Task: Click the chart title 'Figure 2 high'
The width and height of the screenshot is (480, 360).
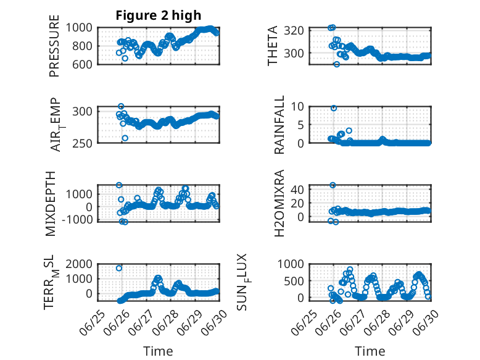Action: (159, 15)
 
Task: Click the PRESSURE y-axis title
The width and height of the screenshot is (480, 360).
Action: (54, 46)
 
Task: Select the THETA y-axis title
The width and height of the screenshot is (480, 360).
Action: (272, 46)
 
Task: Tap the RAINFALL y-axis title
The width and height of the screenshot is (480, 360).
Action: (279, 125)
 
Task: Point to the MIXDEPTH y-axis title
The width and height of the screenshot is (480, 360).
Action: (51, 203)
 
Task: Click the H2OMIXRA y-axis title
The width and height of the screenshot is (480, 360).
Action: (279, 203)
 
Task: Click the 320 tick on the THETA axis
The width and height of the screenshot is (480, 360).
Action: (294, 31)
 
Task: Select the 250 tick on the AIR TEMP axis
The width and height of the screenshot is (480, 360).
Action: (82, 143)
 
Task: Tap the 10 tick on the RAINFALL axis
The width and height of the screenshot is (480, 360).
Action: (297, 107)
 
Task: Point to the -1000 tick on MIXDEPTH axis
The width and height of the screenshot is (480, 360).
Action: (77, 220)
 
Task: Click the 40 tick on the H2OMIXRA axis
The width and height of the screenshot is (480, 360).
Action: (297, 190)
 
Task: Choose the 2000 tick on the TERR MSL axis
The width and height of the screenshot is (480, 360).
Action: (79, 264)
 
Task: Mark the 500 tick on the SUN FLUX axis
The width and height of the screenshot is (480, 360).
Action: (294, 281)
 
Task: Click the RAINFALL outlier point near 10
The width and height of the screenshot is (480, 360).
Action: (334, 108)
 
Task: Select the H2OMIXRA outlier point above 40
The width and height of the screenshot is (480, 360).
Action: (333, 185)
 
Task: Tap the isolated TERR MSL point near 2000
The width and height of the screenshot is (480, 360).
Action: (119, 268)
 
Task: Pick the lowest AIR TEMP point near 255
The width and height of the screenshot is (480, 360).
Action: (125, 138)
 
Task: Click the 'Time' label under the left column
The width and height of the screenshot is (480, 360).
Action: (159, 351)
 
